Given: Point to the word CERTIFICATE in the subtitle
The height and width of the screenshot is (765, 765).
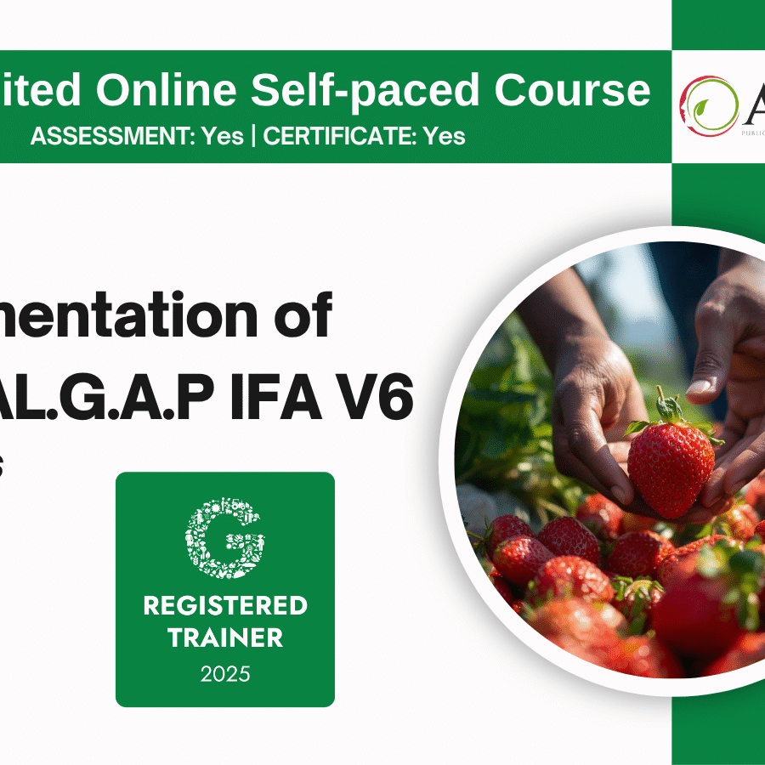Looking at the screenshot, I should click(337, 136).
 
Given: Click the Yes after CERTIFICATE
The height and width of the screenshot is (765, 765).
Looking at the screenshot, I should click(445, 136).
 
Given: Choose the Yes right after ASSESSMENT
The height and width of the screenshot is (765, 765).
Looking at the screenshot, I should click(222, 136).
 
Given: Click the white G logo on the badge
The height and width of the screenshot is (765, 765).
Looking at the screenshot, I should click(225, 537).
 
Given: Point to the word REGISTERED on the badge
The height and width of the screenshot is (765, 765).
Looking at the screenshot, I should click(225, 606).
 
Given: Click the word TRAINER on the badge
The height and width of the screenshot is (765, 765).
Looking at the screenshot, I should click(225, 637).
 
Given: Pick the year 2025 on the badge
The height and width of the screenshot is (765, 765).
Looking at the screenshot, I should click(225, 674).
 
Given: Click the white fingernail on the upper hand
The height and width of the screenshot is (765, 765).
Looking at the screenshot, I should click(699, 387).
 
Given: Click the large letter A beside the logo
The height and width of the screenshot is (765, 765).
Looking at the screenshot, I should click(751, 104).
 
